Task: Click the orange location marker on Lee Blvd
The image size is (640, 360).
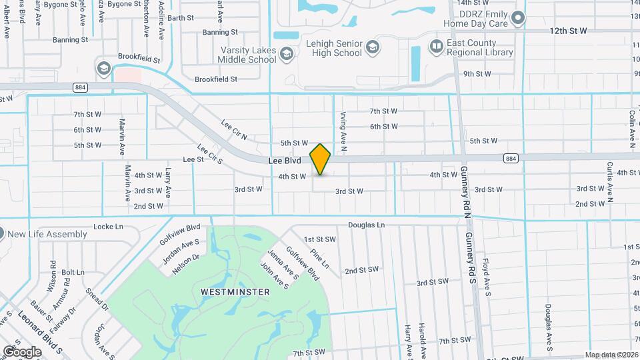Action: [x=320, y=159]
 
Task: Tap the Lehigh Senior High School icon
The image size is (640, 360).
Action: [x=373, y=47]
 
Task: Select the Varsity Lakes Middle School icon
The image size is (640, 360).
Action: [x=286, y=53]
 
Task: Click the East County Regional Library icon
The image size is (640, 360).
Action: [x=437, y=46]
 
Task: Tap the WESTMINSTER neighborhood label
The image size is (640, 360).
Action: [x=235, y=292]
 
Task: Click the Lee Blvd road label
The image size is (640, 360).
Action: [x=285, y=161]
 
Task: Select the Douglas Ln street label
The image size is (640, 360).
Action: [x=366, y=225]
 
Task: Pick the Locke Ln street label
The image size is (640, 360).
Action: [x=109, y=227]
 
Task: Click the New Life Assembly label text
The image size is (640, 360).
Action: [x=47, y=234]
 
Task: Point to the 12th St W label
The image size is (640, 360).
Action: [x=568, y=31]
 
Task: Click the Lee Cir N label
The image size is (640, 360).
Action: [x=234, y=130]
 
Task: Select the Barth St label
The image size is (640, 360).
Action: [x=180, y=18]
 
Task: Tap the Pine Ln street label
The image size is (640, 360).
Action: [x=319, y=259]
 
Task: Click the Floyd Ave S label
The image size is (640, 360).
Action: [x=487, y=277]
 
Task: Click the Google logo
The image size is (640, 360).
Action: [x=22, y=351]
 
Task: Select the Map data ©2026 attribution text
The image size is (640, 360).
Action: [x=611, y=355]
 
